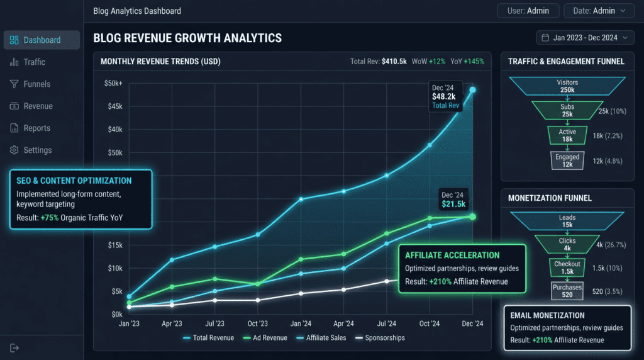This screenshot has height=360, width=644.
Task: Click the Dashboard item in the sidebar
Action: [x=42, y=40]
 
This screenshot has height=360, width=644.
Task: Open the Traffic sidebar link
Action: [x=34, y=62]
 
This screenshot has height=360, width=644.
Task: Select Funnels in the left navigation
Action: [x=36, y=84]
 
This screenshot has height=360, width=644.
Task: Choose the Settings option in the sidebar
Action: [x=37, y=150]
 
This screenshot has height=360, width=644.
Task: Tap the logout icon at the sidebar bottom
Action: [x=14, y=348]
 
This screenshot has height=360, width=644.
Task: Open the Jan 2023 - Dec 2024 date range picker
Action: [x=585, y=38]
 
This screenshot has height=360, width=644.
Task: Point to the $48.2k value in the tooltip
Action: [x=443, y=96]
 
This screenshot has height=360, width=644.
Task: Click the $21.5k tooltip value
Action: [x=453, y=204]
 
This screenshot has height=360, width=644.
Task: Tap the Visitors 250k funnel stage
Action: [x=567, y=86]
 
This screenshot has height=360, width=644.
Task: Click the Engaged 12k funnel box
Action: [x=567, y=160]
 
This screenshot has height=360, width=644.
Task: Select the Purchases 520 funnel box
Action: [x=567, y=291]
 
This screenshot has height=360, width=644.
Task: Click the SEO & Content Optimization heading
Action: [x=74, y=181]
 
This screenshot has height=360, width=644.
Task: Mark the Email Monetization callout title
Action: [x=547, y=315]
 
